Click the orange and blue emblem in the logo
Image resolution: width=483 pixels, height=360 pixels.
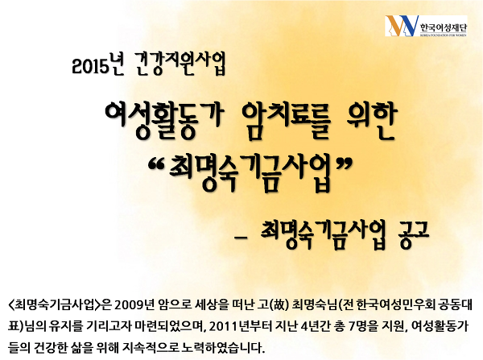tap(402, 26)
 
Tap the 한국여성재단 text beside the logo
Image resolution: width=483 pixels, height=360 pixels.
tap(444, 27)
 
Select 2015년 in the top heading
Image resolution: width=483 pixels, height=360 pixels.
tap(97, 64)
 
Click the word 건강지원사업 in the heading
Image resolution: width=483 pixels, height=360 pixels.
tap(180, 64)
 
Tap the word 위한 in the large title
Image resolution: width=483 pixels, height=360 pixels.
tap(370, 121)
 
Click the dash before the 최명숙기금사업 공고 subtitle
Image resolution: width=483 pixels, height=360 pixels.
tap(241, 238)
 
